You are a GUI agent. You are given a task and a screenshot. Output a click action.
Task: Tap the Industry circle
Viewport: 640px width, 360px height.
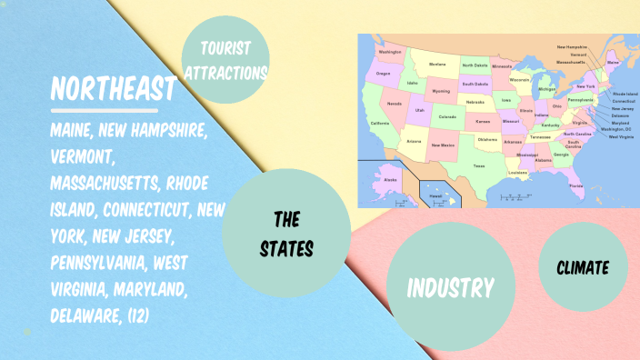[x=450, y=288]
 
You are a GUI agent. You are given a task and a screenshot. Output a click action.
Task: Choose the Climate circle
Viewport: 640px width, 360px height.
[x=583, y=267]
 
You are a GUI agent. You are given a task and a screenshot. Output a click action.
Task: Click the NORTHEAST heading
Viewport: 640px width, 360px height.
[x=113, y=89]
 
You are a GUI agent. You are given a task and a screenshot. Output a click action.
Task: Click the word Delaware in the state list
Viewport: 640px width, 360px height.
[x=90, y=315]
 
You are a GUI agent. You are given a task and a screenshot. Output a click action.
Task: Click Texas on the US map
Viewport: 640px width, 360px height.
[x=478, y=166]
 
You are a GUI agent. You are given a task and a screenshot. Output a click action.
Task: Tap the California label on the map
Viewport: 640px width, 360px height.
[x=379, y=123]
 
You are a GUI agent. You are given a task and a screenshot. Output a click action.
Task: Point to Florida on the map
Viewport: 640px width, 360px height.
[x=576, y=185]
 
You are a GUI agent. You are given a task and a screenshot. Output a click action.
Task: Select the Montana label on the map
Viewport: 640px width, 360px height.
[x=437, y=65]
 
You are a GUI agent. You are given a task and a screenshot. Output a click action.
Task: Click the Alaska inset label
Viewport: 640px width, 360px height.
[x=391, y=180]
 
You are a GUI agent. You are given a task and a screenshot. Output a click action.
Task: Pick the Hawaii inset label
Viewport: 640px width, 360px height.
[x=436, y=195]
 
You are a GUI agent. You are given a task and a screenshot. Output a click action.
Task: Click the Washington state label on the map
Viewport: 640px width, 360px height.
[x=390, y=52]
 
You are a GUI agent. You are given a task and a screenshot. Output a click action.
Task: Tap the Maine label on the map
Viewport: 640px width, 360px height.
[x=612, y=64]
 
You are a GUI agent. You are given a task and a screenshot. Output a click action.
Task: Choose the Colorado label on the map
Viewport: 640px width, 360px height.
[x=448, y=116]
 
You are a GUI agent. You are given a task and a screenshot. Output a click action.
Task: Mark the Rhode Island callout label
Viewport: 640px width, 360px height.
[x=625, y=94]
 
